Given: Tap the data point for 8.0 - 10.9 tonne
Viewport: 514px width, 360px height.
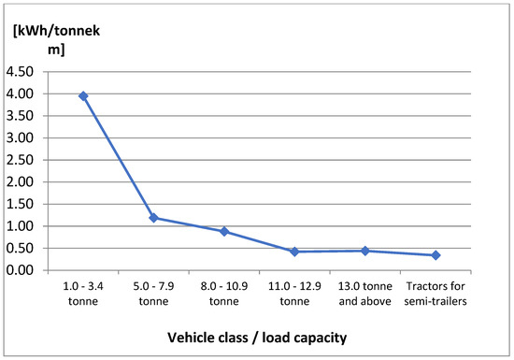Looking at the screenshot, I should coord(224,231).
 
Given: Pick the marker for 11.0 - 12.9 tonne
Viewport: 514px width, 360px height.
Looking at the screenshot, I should coord(294,252).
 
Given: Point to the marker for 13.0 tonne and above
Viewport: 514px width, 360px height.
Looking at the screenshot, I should coord(365,251).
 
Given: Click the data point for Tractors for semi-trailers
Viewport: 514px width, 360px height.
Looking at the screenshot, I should coord(435,255).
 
